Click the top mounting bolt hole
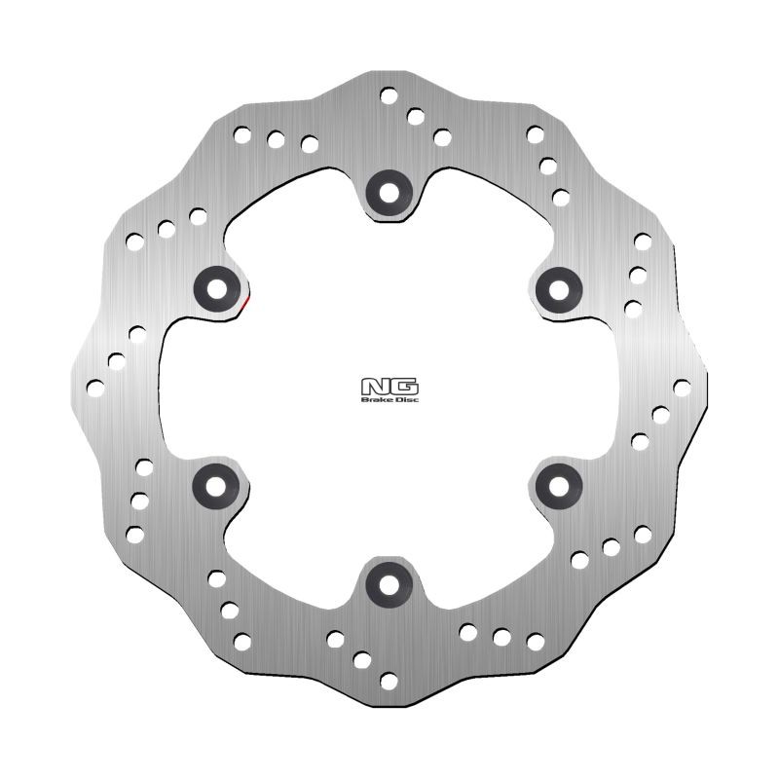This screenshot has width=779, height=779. [x=389, y=189]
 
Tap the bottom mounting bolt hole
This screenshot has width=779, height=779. [x=389, y=583]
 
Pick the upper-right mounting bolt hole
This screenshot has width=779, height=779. [x=560, y=285]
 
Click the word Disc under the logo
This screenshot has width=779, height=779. [x=401, y=397]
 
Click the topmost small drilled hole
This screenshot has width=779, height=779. [x=389, y=95]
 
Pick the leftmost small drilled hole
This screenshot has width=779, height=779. [x=95, y=388]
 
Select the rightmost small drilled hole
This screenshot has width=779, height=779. [x=682, y=387]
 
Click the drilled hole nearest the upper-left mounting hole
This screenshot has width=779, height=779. [x=199, y=215]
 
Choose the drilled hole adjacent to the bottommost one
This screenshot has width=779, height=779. [x=362, y=658]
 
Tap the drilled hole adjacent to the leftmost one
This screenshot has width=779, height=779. [x=116, y=361]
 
